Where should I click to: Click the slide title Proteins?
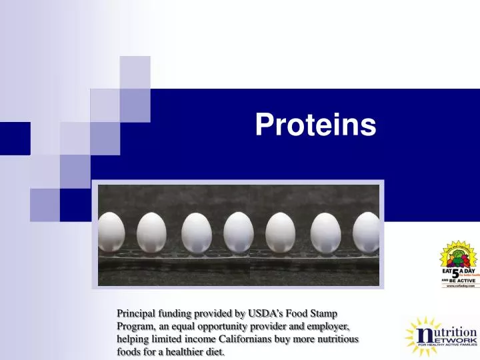pyautogui.click(x=315, y=125)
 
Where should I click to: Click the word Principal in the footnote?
pyautogui.click(x=137, y=313)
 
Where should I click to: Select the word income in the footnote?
pyautogui.click(x=197, y=339)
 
